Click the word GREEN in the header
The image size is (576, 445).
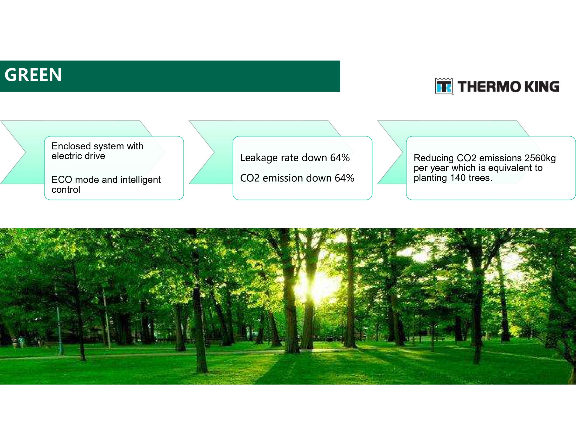tap(33, 75)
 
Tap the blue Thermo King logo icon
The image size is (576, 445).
tap(444, 86)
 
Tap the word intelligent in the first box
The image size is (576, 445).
tap(140, 180)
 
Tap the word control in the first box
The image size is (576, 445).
tap(66, 190)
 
